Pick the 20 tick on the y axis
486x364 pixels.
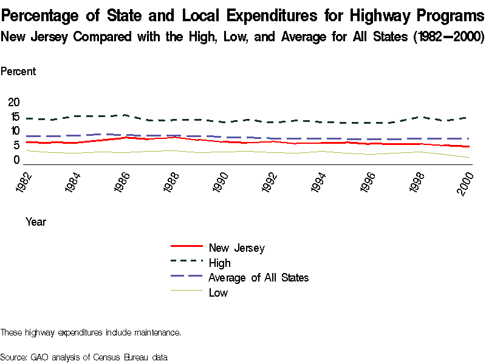point(13,102)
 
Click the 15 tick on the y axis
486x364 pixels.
point(13,116)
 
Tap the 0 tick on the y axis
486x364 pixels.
point(16,160)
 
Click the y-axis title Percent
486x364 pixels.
point(18,72)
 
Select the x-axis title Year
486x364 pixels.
point(36,222)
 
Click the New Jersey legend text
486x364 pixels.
point(236,248)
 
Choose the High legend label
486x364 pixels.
point(219,263)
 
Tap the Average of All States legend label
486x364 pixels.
point(258,278)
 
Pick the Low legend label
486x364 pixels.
point(218,293)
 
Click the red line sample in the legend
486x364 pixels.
point(187,246)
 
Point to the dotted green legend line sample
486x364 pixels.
point(187,261)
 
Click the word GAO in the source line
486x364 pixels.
point(39,357)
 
